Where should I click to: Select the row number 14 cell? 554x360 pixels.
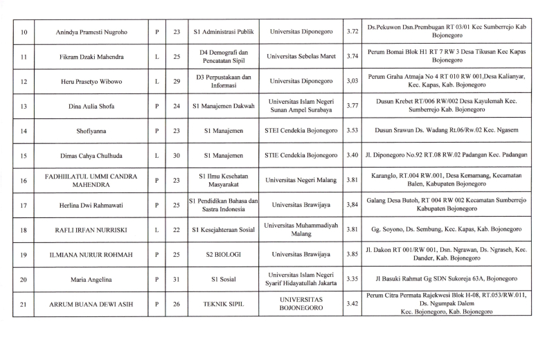(24, 131)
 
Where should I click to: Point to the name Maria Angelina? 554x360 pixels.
(91, 279)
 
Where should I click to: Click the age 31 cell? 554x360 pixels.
(177, 279)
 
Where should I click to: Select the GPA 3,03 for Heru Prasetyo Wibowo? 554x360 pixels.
(352, 81)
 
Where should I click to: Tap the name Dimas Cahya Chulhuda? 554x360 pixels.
(91, 155)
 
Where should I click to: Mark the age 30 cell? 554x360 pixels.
(177, 155)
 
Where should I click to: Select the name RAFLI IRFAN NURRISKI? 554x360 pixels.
(91, 229)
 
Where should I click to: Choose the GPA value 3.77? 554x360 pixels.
(352, 106)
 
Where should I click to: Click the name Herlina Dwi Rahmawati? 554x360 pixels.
(91, 205)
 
